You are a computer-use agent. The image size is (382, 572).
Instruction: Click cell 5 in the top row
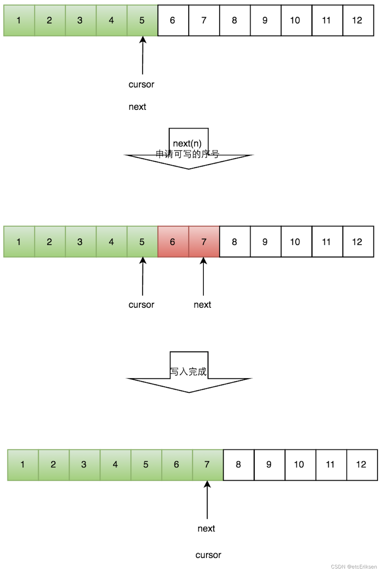coord(142,21)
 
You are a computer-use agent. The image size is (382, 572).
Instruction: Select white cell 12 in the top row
coord(358,21)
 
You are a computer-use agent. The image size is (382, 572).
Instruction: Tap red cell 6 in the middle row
coord(173,242)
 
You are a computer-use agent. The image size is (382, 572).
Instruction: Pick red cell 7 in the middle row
coord(204,242)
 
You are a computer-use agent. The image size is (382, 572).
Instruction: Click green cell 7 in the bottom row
coord(208,465)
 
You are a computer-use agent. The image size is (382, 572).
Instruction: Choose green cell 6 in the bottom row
coord(177,465)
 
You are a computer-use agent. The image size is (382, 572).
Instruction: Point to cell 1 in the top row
coord(19,21)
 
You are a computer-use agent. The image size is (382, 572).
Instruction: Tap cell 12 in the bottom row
coord(362,465)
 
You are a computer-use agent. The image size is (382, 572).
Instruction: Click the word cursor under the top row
coord(141,85)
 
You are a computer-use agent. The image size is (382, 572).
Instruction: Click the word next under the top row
coord(137,107)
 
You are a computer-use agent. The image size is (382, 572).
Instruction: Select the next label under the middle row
coord(202,305)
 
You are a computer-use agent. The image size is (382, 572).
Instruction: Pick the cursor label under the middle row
coord(141,305)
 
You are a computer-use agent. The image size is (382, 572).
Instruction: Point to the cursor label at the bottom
coord(208,555)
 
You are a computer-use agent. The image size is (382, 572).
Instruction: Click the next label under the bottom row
coord(206,529)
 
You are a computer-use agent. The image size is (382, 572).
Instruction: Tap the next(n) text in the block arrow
coord(187,143)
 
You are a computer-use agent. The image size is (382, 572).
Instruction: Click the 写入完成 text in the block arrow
coord(188,372)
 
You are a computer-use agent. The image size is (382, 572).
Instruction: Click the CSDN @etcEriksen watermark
coord(354,566)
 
